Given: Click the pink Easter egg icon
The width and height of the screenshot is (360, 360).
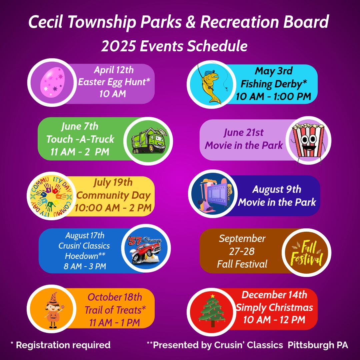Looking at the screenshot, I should [52, 82].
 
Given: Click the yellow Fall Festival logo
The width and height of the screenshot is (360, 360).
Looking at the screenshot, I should [307, 252].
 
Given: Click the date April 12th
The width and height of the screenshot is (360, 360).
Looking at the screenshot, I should [113, 70].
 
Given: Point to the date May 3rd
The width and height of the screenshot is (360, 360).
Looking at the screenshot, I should [273, 71].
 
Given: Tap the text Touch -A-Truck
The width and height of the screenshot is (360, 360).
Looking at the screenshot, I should [80, 139].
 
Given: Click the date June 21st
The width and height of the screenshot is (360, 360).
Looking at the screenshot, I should [243, 133].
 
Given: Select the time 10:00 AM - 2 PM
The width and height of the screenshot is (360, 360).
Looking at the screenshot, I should [113, 208].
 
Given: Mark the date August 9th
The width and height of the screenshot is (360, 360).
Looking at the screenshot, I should [277, 190].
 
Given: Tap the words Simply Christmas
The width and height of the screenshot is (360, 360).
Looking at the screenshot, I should [274, 307].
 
